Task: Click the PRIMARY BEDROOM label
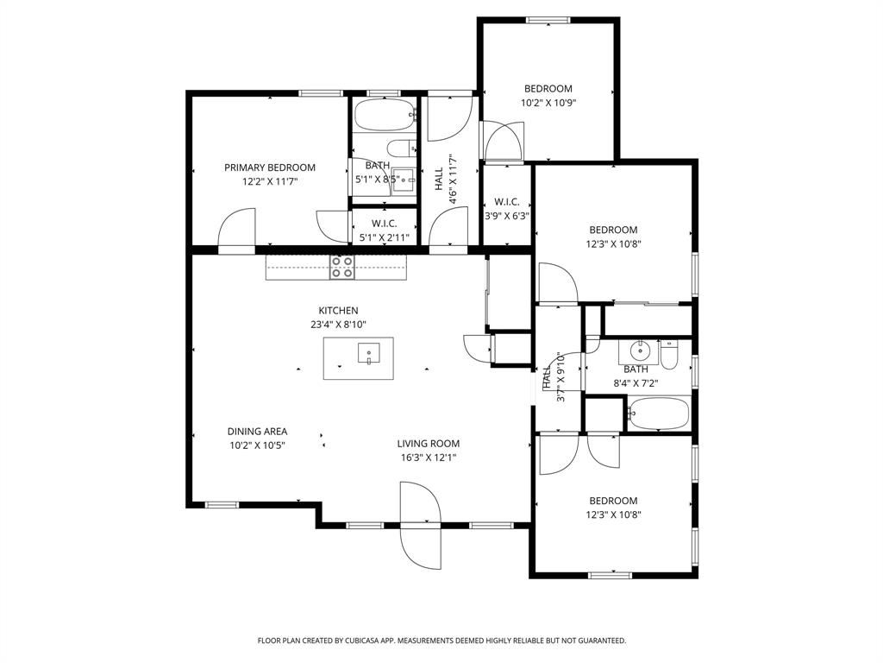click(270, 167)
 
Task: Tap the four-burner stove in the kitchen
click(341, 268)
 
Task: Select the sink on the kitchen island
click(368, 353)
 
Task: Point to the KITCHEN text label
click(338, 311)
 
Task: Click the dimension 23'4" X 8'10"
click(338, 325)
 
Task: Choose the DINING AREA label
click(257, 432)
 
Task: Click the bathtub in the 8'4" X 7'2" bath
click(659, 414)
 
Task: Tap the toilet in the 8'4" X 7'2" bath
click(671, 355)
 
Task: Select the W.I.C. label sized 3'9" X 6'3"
click(506, 202)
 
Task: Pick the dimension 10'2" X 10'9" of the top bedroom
click(548, 103)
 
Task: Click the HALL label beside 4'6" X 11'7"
click(439, 179)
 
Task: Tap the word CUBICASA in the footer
click(363, 641)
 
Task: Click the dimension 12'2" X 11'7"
click(270, 182)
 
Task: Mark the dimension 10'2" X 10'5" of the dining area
click(257, 445)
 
